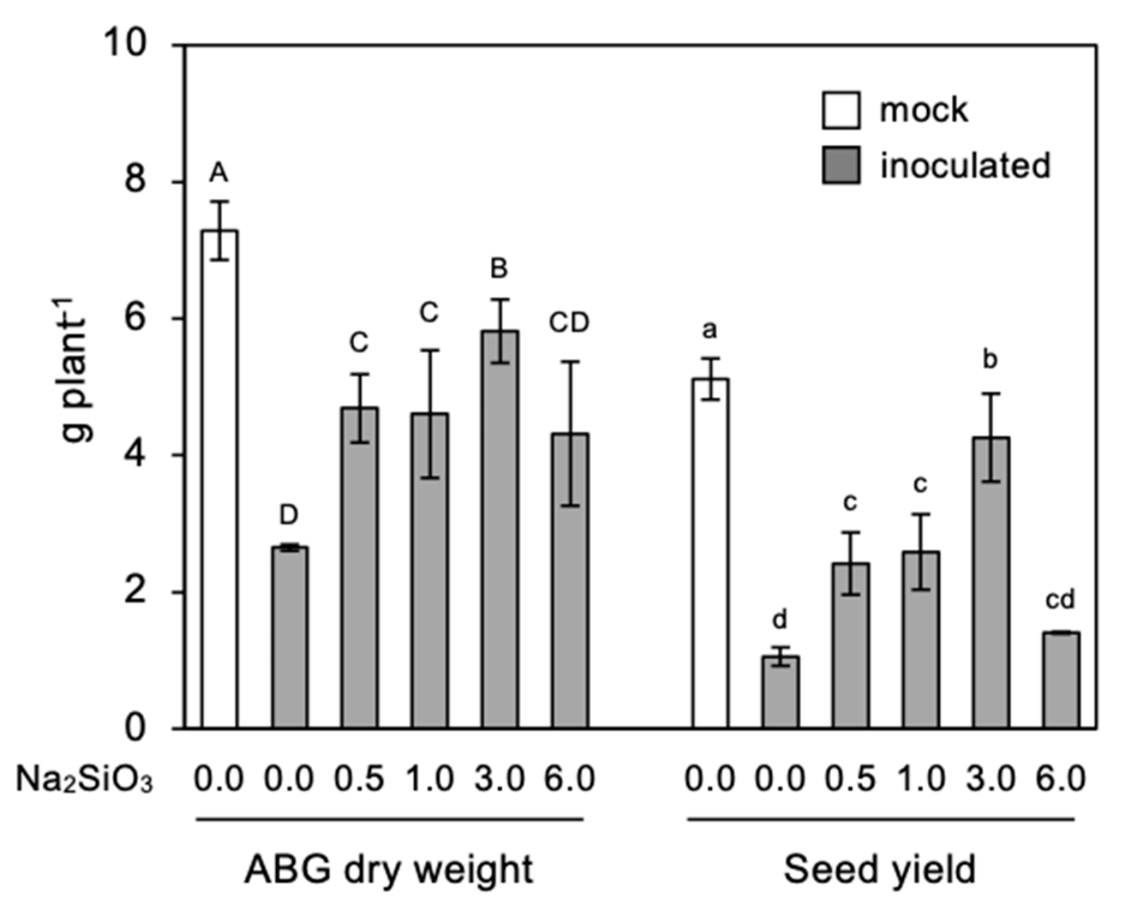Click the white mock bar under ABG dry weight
point(219,480)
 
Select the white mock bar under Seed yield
point(710,552)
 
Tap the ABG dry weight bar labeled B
point(499,528)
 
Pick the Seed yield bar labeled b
point(991,583)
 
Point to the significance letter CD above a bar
point(569,323)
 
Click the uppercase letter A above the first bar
point(219,174)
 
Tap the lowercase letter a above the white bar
point(710,330)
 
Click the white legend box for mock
point(840,110)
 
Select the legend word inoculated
point(965,166)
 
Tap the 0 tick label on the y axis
point(136,728)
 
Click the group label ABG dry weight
point(388,870)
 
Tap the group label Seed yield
point(879,870)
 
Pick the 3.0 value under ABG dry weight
point(499,779)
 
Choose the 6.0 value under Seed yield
point(1061,779)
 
